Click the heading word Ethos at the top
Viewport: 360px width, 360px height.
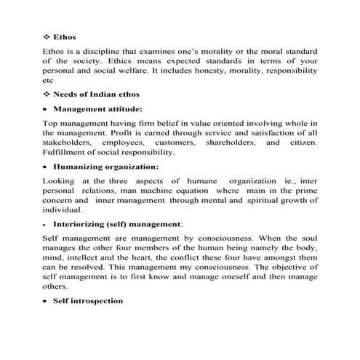click(x=65, y=36)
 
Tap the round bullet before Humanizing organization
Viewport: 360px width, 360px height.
click(x=46, y=167)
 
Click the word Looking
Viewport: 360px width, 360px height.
click(x=59, y=180)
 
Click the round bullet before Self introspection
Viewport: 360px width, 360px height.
click(x=46, y=300)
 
